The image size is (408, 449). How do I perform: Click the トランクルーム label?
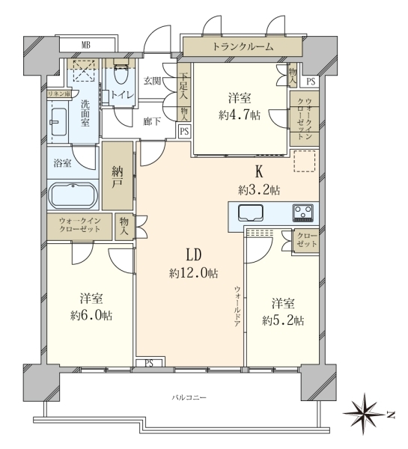[x=243, y=46]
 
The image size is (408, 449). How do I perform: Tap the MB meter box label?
[x=85, y=45]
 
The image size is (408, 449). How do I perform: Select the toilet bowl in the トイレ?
[x=121, y=73]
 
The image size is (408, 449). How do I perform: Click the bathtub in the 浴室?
[x=73, y=195]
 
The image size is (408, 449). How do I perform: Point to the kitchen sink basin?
[x=251, y=213]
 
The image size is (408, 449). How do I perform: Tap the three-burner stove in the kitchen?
[x=303, y=213]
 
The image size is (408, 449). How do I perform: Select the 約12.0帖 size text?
[x=193, y=274]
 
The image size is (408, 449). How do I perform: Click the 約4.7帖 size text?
[x=240, y=115]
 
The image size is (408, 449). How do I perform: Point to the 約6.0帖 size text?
[x=91, y=316]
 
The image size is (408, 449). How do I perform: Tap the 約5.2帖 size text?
[x=283, y=321]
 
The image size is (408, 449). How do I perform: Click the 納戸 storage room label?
[x=118, y=179]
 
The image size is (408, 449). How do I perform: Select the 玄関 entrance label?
[x=152, y=81]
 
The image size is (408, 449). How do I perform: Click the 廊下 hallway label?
[x=152, y=122]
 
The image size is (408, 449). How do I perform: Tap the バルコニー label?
[x=189, y=398]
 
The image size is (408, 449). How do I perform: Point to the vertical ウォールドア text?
[x=237, y=306]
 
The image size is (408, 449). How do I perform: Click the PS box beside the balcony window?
[x=149, y=363]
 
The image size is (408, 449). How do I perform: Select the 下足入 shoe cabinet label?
[x=183, y=86]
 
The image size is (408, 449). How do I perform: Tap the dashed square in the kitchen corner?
[x=305, y=161]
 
